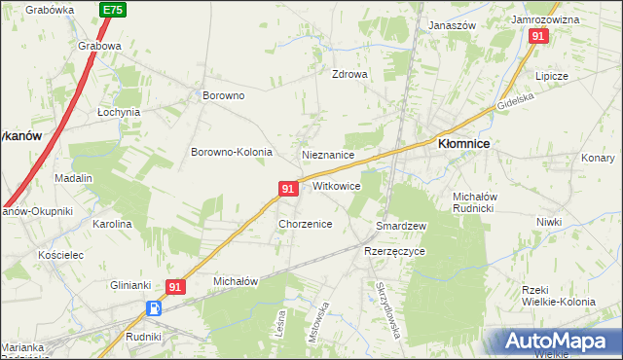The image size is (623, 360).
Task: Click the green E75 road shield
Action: click(112, 9)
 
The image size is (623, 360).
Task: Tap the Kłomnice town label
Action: click(463, 143)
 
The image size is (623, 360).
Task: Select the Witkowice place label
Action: click(337, 185)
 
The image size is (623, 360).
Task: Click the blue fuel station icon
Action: click(155, 308)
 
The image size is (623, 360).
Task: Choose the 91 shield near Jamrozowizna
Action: click(538, 36)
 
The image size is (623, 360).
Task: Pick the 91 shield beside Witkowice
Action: click(288, 188)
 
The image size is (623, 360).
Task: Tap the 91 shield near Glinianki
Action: click(175, 287)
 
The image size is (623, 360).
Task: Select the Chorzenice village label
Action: click(306, 224)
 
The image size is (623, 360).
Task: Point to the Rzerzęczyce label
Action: click(394, 250)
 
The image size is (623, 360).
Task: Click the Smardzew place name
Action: click(401, 226)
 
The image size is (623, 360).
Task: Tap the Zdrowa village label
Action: click(349, 74)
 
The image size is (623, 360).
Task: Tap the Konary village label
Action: click(598, 158)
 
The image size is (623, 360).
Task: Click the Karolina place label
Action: click(112, 224)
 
